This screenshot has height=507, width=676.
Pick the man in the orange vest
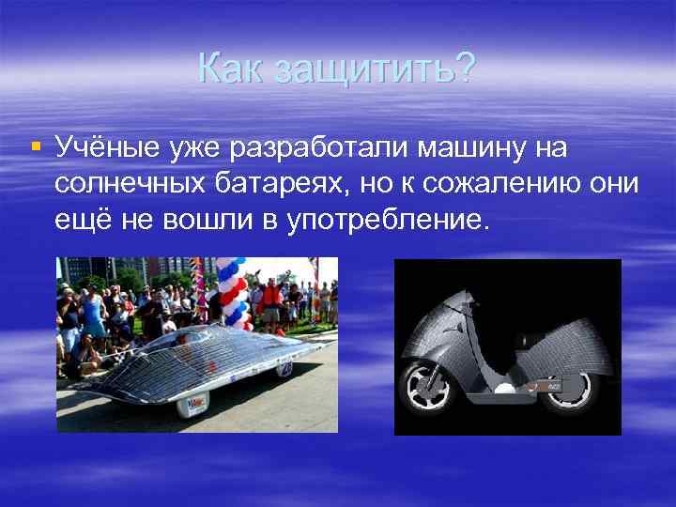pos(271,300)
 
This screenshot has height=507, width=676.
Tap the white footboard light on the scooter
pos(521,341)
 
